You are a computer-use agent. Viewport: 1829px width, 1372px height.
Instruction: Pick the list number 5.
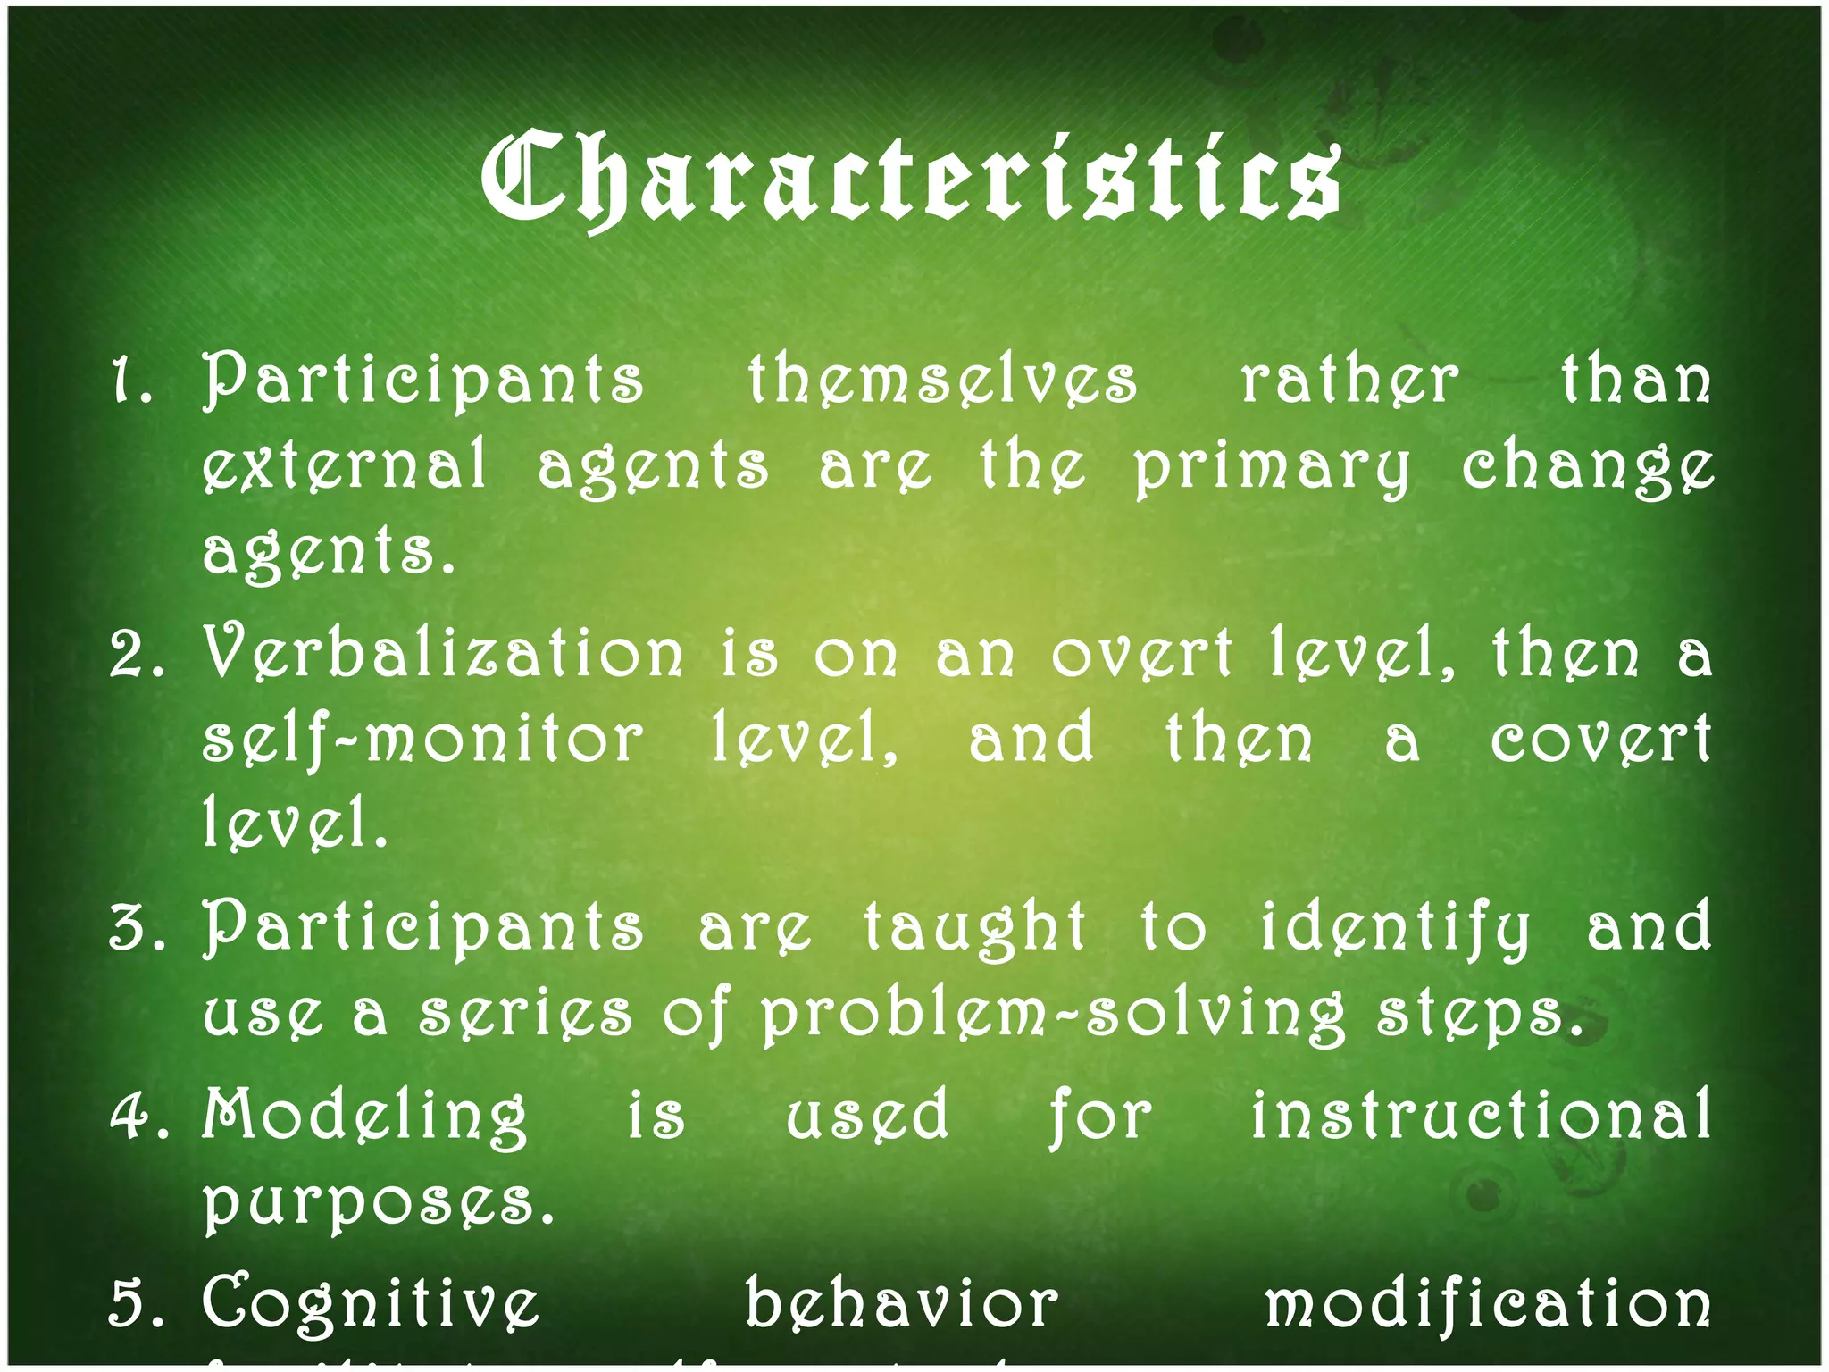pyautogui.click(x=134, y=1304)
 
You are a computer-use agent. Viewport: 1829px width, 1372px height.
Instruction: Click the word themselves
pyautogui.click(x=942, y=381)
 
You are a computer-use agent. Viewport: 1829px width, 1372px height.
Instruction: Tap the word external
pyautogui.click(x=346, y=465)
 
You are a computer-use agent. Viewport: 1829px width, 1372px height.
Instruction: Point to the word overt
pyautogui.click(x=1142, y=654)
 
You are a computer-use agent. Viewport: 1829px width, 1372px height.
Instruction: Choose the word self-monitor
pyautogui.click(x=422, y=740)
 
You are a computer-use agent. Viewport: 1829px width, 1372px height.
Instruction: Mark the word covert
pyautogui.click(x=1600, y=740)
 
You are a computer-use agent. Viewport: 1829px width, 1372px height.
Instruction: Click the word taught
pyautogui.click(x=974, y=929)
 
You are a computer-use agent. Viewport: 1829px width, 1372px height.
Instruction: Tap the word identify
pyautogui.click(x=1395, y=929)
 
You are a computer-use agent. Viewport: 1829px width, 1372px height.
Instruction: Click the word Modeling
pyautogui.click(x=364, y=1117)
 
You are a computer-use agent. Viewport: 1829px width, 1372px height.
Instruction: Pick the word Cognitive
pyautogui.click(x=371, y=1304)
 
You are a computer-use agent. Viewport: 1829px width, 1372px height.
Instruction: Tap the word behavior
pyautogui.click(x=901, y=1304)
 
